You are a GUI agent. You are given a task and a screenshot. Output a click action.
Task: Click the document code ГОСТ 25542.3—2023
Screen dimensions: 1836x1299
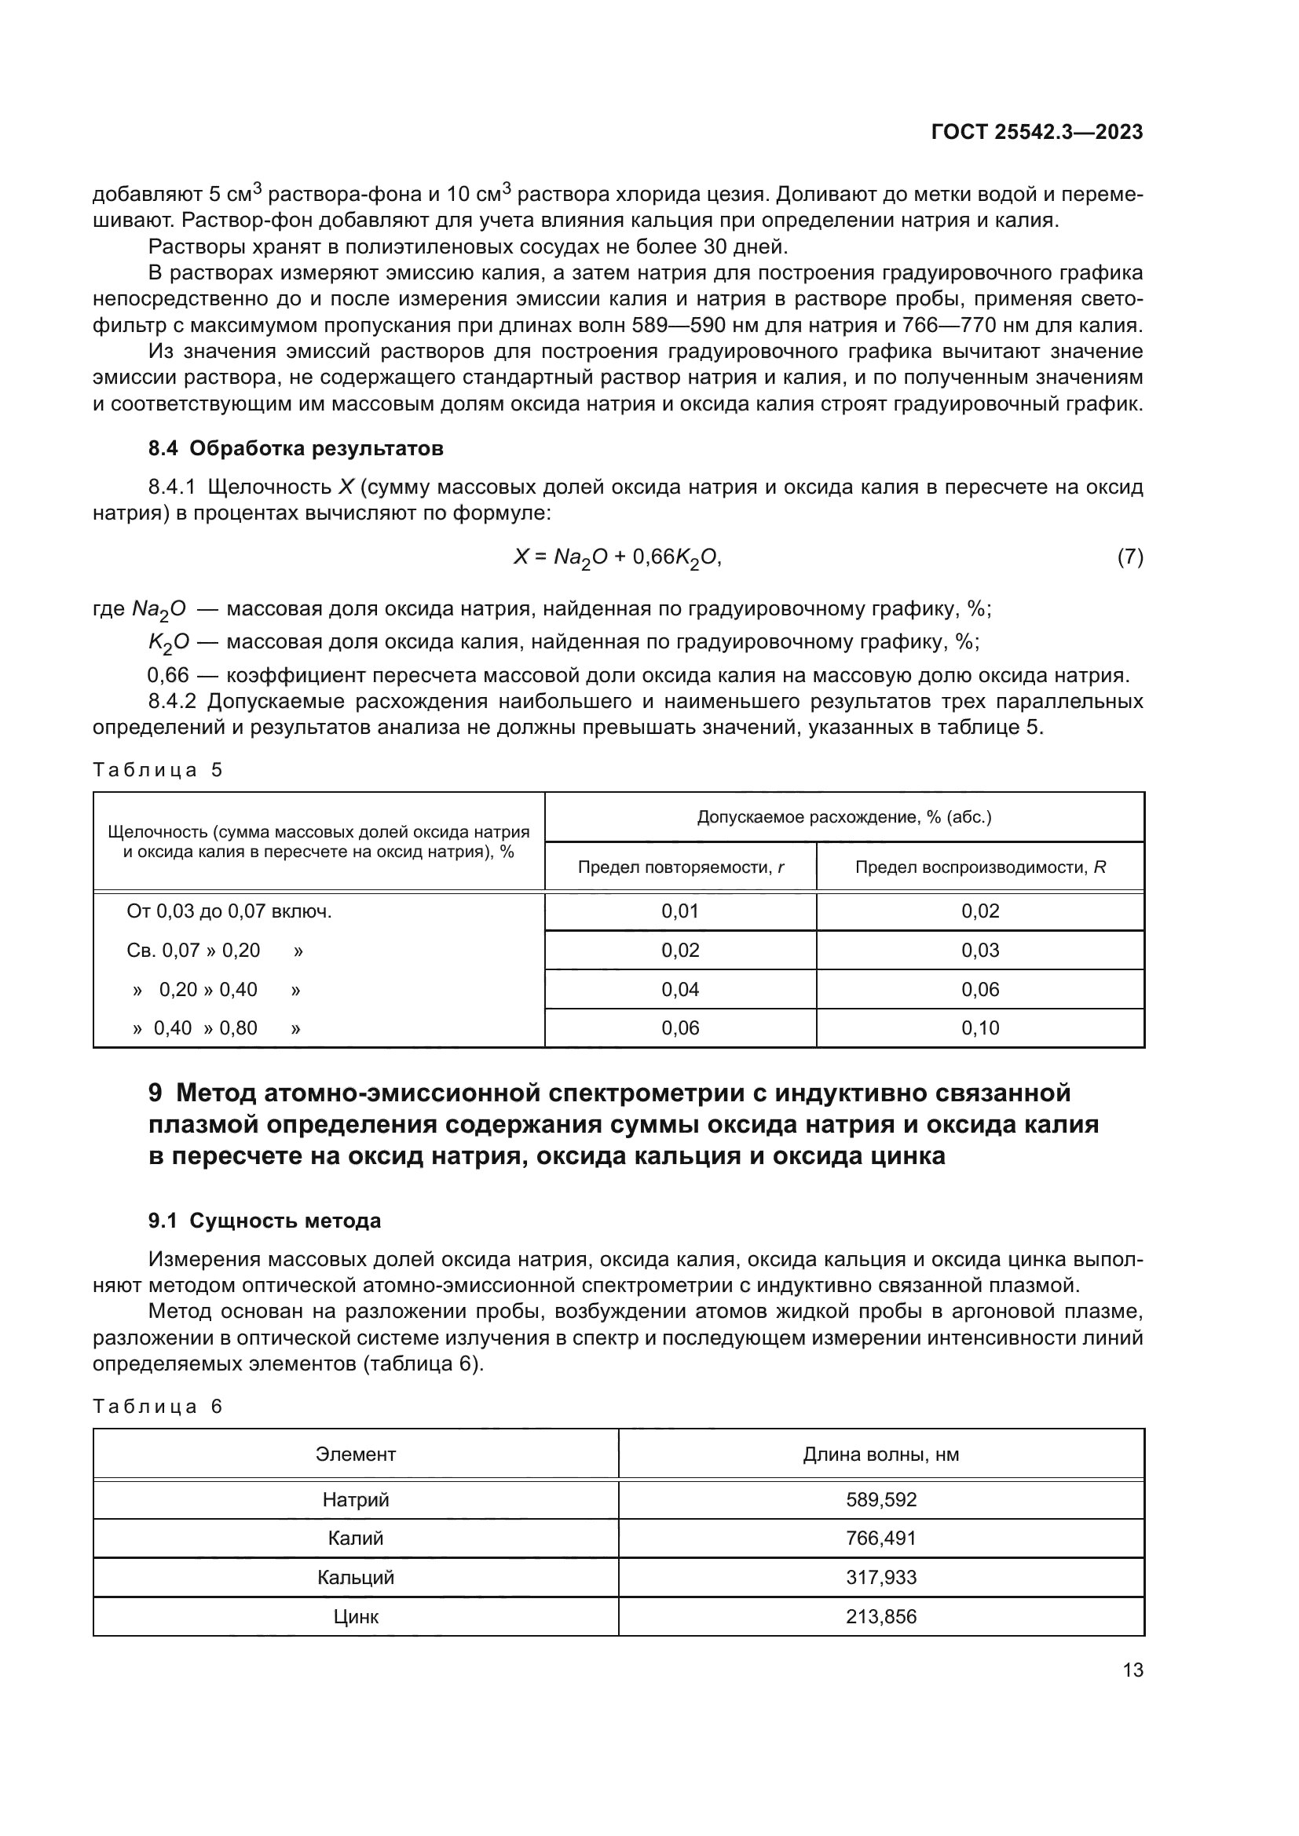click(1037, 132)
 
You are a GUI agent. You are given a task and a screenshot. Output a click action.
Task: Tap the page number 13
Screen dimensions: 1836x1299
click(1133, 1670)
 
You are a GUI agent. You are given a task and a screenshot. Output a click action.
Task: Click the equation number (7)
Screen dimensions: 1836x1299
click(1129, 557)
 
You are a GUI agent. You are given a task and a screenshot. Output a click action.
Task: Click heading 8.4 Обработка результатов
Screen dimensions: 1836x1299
click(295, 449)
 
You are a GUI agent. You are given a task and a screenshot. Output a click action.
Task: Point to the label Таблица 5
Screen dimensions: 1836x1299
click(158, 770)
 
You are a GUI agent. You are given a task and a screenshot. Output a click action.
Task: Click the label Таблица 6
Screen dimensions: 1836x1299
click(158, 1407)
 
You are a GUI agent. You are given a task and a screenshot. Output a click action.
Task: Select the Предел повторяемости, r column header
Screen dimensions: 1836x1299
click(680, 867)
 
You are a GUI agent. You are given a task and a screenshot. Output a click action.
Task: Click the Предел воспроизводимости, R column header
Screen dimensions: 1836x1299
click(980, 867)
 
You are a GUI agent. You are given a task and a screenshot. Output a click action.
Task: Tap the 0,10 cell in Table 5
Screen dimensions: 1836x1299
click(980, 1028)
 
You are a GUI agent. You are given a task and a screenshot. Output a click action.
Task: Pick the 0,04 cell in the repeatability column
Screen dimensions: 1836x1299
click(680, 989)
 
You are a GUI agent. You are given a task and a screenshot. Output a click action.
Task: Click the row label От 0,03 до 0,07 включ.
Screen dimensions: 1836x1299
click(229, 911)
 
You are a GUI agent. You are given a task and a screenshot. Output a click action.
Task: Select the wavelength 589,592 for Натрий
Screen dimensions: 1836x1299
click(880, 1499)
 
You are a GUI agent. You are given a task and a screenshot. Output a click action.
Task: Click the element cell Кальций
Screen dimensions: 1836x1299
click(355, 1577)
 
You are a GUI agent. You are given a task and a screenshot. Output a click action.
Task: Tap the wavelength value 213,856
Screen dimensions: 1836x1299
click(880, 1616)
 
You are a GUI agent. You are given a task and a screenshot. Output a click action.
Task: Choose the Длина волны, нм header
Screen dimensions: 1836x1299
click(880, 1455)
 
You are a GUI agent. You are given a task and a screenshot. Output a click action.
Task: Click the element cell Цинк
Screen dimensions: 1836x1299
click(355, 1616)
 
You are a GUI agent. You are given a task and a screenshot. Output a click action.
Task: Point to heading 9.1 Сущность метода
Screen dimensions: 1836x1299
click(264, 1221)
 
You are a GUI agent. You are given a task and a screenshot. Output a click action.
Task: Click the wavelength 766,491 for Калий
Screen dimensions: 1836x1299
click(880, 1538)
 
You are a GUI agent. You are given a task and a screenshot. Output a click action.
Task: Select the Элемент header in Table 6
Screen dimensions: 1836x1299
click(355, 1455)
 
